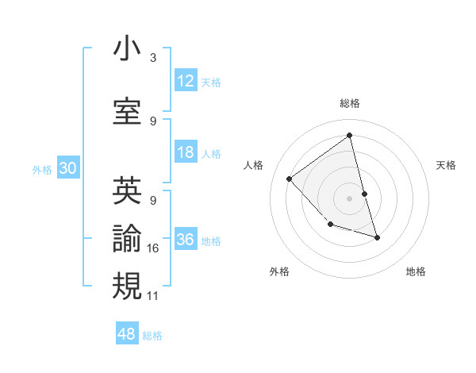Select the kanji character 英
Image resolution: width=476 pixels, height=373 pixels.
[x=127, y=190]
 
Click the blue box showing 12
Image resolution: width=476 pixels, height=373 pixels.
[x=186, y=81]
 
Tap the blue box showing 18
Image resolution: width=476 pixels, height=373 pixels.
[x=186, y=152]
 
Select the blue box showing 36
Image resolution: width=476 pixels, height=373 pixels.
[x=186, y=240]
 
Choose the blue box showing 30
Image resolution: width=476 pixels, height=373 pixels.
[x=67, y=168]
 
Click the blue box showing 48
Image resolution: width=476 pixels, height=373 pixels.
[x=127, y=334]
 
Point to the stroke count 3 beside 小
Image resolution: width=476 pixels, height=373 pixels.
[x=153, y=58]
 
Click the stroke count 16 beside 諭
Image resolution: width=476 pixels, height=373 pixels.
[x=153, y=248]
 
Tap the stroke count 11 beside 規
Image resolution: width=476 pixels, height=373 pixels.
[x=153, y=296]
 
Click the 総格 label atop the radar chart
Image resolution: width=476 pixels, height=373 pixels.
[x=349, y=103]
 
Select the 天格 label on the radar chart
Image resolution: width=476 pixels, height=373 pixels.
[x=446, y=165]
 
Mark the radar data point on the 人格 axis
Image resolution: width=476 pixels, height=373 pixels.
[x=290, y=179]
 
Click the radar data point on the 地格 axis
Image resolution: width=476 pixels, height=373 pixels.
[x=377, y=237]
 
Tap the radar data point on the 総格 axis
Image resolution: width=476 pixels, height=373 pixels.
[x=349, y=136]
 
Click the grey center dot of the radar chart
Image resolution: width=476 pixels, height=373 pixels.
[x=349, y=198]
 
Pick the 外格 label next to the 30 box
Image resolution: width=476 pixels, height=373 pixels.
[x=42, y=169]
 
